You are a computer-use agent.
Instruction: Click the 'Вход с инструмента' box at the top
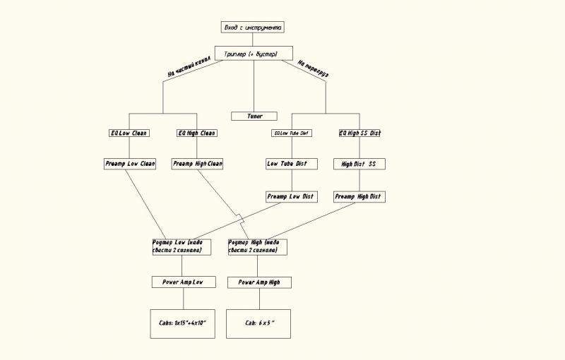click(x=253, y=28)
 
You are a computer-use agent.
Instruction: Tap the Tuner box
click(x=254, y=116)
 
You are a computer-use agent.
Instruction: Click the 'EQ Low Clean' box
click(x=129, y=133)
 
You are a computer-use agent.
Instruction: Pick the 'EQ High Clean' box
click(x=197, y=133)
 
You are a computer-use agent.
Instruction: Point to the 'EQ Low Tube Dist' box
click(x=291, y=133)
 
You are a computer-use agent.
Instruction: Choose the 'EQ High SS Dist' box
click(x=359, y=133)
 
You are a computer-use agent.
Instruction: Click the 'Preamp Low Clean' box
click(x=129, y=164)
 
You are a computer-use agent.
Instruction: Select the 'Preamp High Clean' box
click(x=197, y=164)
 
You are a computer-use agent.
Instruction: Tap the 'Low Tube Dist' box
click(x=291, y=164)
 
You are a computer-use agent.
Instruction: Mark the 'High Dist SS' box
click(x=359, y=164)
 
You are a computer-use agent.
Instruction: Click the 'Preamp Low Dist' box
click(x=291, y=196)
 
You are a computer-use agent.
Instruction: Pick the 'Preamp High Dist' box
click(x=359, y=196)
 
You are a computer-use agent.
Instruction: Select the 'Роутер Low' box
click(x=182, y=246)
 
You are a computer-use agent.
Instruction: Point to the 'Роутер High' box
click(x=258, y=246)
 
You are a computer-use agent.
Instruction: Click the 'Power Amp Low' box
click(x=183, y=282)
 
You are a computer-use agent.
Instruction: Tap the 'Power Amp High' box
click(x=259, y=282)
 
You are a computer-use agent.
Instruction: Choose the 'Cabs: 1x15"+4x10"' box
click(x=182, y=323)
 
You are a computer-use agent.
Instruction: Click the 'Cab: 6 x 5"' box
click(x=258, y=323)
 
